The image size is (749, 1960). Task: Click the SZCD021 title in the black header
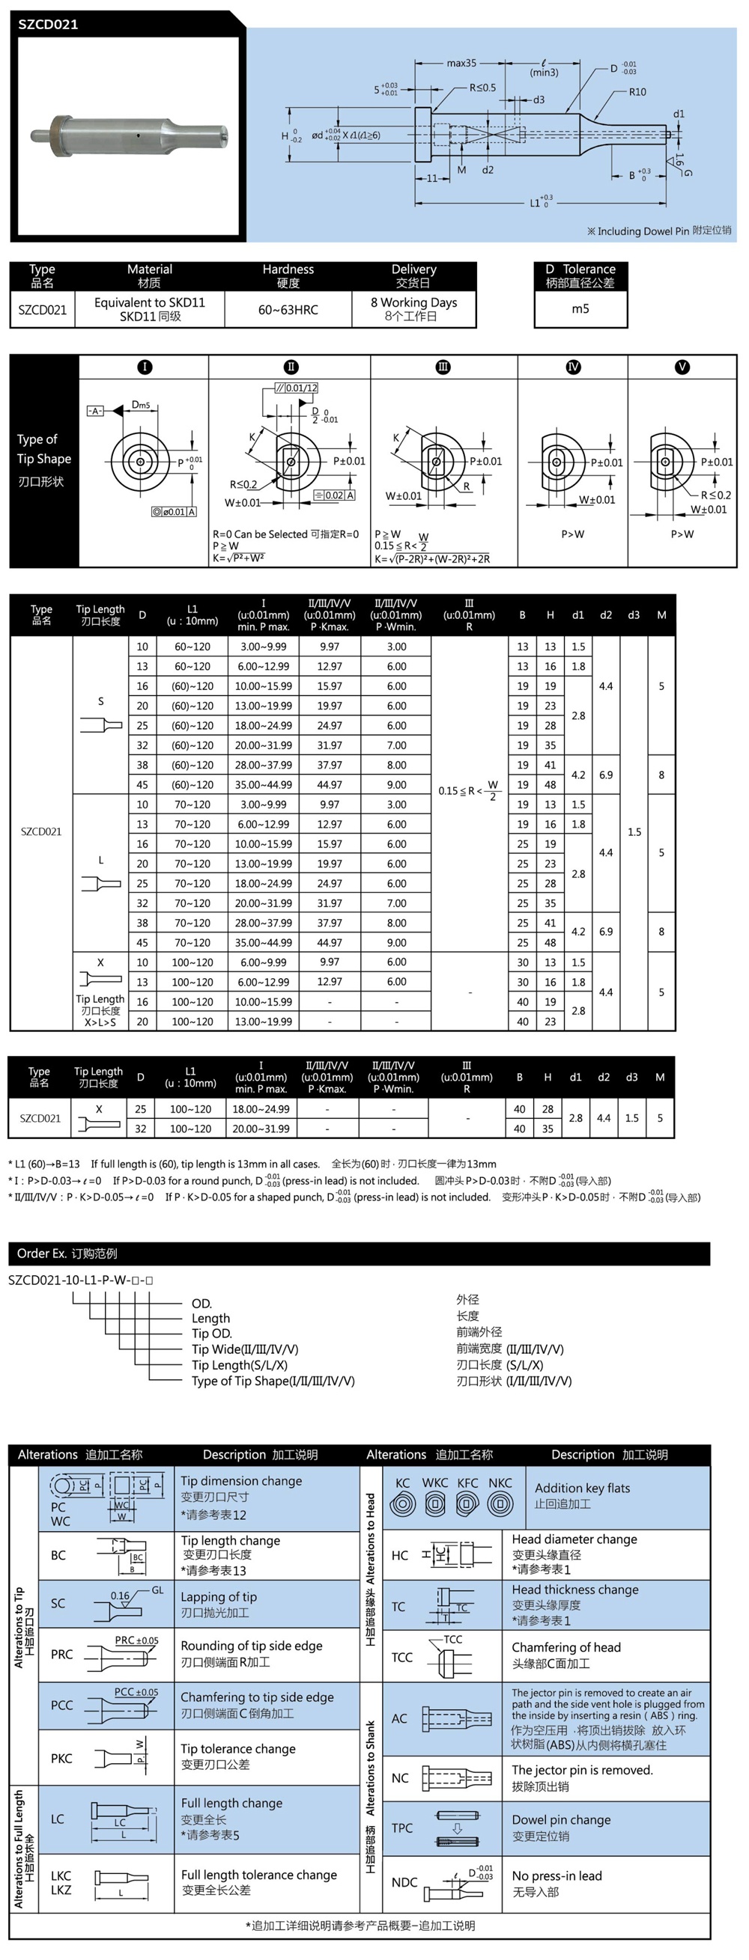pyautogui.click(x=48, y=25)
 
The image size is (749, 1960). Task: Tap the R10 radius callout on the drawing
pyautogui.click(x=637, y=92)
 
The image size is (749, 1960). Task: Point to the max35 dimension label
pyautogui.click(x=461, y=63)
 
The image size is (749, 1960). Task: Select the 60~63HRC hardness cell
pyautogui.click(x=288, y=310)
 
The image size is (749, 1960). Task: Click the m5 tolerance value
pyautogui.click(x=580, y=309)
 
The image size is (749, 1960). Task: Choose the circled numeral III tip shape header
pyautogui.click(x=442, y=367)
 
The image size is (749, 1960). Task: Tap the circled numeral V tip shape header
pyautogui.click(x=682, y=367)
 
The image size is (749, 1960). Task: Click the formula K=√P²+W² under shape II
pyautogui.click(x=239, y=558)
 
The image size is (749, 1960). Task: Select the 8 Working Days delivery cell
pyautogui.click(x=413, y=309)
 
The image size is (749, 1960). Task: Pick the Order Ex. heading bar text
pyautogui.click(x=67, y=1253)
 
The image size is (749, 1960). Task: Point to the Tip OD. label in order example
pyautogui.click(x=212, y=1333)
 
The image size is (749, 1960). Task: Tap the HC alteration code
pyautogui.click(x=400, y=1555)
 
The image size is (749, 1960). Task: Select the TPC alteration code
pyautogui.click(x=403, y=1828)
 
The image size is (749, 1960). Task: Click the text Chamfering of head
pyautogui.click(x=565, y=1646)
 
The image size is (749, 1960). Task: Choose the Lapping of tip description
pyautogui.click(x=219, y=1596)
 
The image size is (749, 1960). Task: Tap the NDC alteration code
pyautogui.click(x=404, y=1881)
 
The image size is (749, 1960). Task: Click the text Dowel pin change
pyautogui.click(x=561, y=1819)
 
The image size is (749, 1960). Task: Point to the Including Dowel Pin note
pyautogui.click(x=658, y=231)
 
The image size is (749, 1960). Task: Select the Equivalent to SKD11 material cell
pyautogui.click(x=150, y=309)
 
